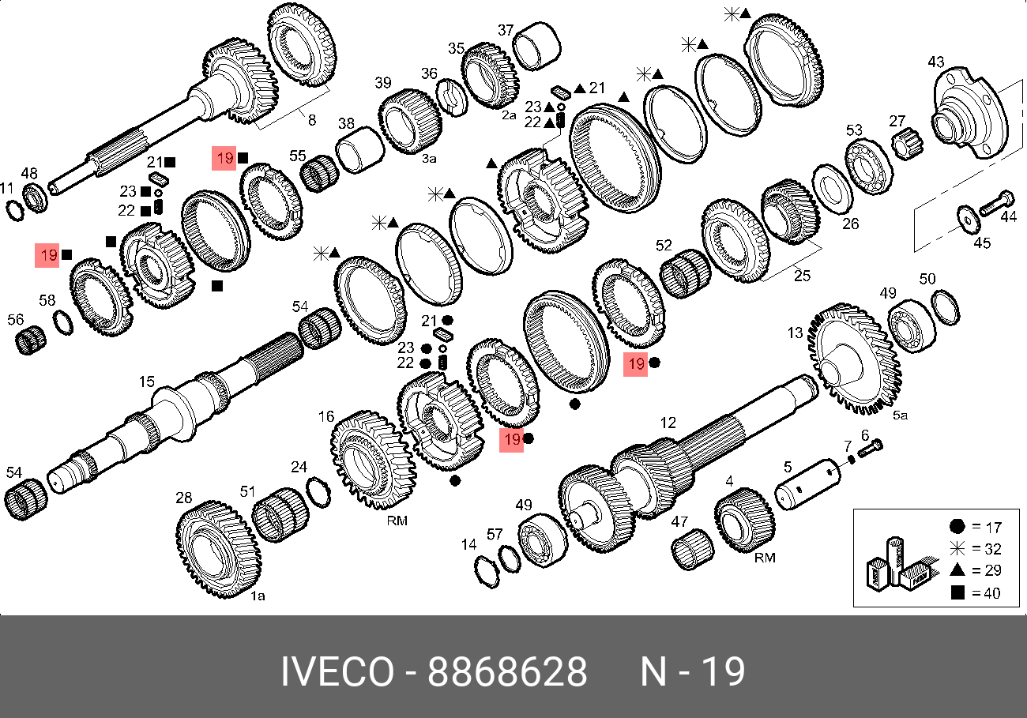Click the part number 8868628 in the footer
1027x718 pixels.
[x=507, y=671]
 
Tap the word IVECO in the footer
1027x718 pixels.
[x=337, y=671]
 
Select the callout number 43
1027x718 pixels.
[x=936, y=62]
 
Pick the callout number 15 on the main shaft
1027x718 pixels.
[x=147, y=382]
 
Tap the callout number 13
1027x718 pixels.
[x=795, y=333]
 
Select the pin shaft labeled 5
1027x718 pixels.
[x=807, y=484]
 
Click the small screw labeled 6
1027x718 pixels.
[x=870, y=448]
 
